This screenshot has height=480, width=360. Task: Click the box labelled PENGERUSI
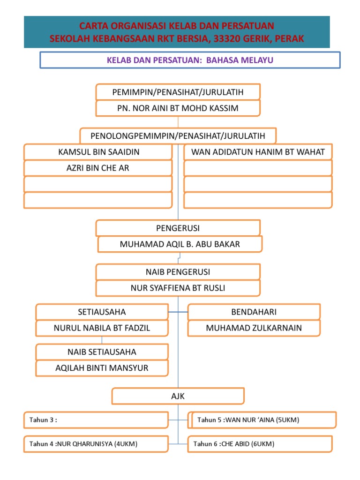178,228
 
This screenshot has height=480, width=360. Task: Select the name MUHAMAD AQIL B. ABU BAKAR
180,244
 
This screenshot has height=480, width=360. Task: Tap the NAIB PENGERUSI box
178,272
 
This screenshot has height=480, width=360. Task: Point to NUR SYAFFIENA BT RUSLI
178,288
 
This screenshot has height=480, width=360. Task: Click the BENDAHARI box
254,312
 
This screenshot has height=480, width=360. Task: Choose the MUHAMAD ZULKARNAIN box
254,328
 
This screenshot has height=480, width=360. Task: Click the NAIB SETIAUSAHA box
102,352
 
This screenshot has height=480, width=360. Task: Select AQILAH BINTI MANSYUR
102,368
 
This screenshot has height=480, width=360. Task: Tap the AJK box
178,396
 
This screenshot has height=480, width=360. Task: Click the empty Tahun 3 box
96,420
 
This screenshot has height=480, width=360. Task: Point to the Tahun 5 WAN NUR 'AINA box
262,420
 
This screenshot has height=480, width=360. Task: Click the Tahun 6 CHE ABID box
260,444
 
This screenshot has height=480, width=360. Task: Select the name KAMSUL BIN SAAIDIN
98,152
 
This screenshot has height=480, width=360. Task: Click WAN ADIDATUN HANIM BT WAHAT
258,152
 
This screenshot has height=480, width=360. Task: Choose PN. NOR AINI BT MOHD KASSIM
178,108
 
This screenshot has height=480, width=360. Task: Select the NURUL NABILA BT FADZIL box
102,328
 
